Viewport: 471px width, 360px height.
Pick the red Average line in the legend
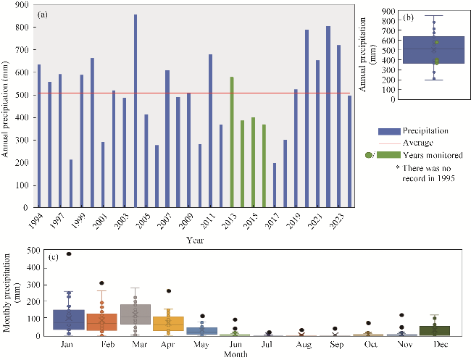[x=389, y=143]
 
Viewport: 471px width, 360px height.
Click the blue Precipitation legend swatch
[x=389, y=131]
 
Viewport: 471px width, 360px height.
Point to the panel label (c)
[x=54, y=256]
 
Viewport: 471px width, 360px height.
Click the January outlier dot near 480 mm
[x=69, y=254]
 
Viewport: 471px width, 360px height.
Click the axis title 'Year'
[x=194, y=238]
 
